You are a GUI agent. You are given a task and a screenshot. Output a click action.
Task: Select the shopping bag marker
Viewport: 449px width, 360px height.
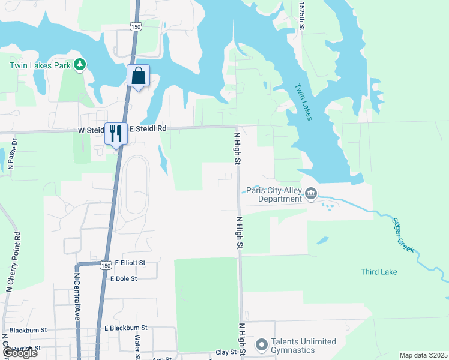point(138,76)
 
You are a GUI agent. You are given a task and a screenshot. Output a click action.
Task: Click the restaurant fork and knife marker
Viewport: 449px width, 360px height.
point(116,133)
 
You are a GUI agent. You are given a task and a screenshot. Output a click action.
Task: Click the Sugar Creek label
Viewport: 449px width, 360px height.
point(404,236)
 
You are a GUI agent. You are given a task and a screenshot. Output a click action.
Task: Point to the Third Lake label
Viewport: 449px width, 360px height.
point(379,272)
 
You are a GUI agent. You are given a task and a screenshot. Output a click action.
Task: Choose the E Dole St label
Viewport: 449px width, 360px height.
point(124,278)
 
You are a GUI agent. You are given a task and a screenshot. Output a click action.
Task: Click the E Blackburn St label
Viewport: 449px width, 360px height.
point(125,328)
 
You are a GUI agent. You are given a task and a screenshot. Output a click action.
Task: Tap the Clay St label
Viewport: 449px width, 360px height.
point(226,352)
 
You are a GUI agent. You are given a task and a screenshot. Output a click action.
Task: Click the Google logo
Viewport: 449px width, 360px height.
point(20,353)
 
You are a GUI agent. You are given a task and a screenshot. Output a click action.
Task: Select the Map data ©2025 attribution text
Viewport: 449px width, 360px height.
point(423,355)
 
